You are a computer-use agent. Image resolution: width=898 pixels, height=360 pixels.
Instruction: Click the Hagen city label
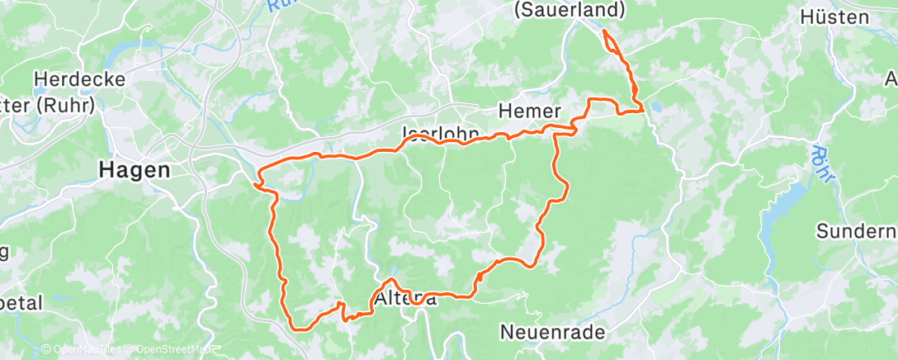pyautogui.click(x=134, y=170)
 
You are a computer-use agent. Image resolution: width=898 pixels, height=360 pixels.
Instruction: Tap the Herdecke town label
pyautogui.click(x=79, y=80)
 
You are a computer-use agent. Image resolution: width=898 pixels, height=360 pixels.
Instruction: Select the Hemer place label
pyautogui.click(x=530, y=111)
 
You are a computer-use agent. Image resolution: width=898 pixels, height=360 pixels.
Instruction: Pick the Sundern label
pyautogui.click(x=856, y=230)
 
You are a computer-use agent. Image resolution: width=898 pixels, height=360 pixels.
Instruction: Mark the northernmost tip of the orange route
pyautogui.click(x=604, y=31)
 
